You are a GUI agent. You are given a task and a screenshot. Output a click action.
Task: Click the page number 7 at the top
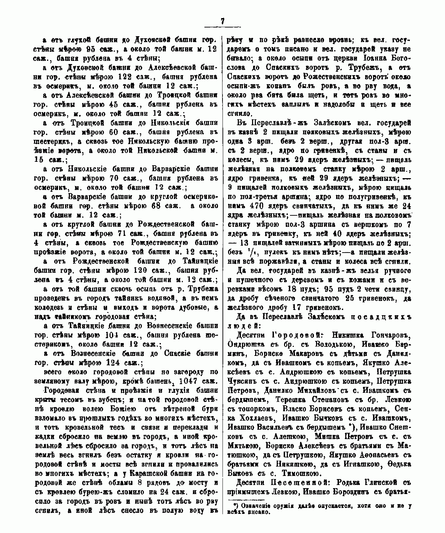(x=222, y=21)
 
